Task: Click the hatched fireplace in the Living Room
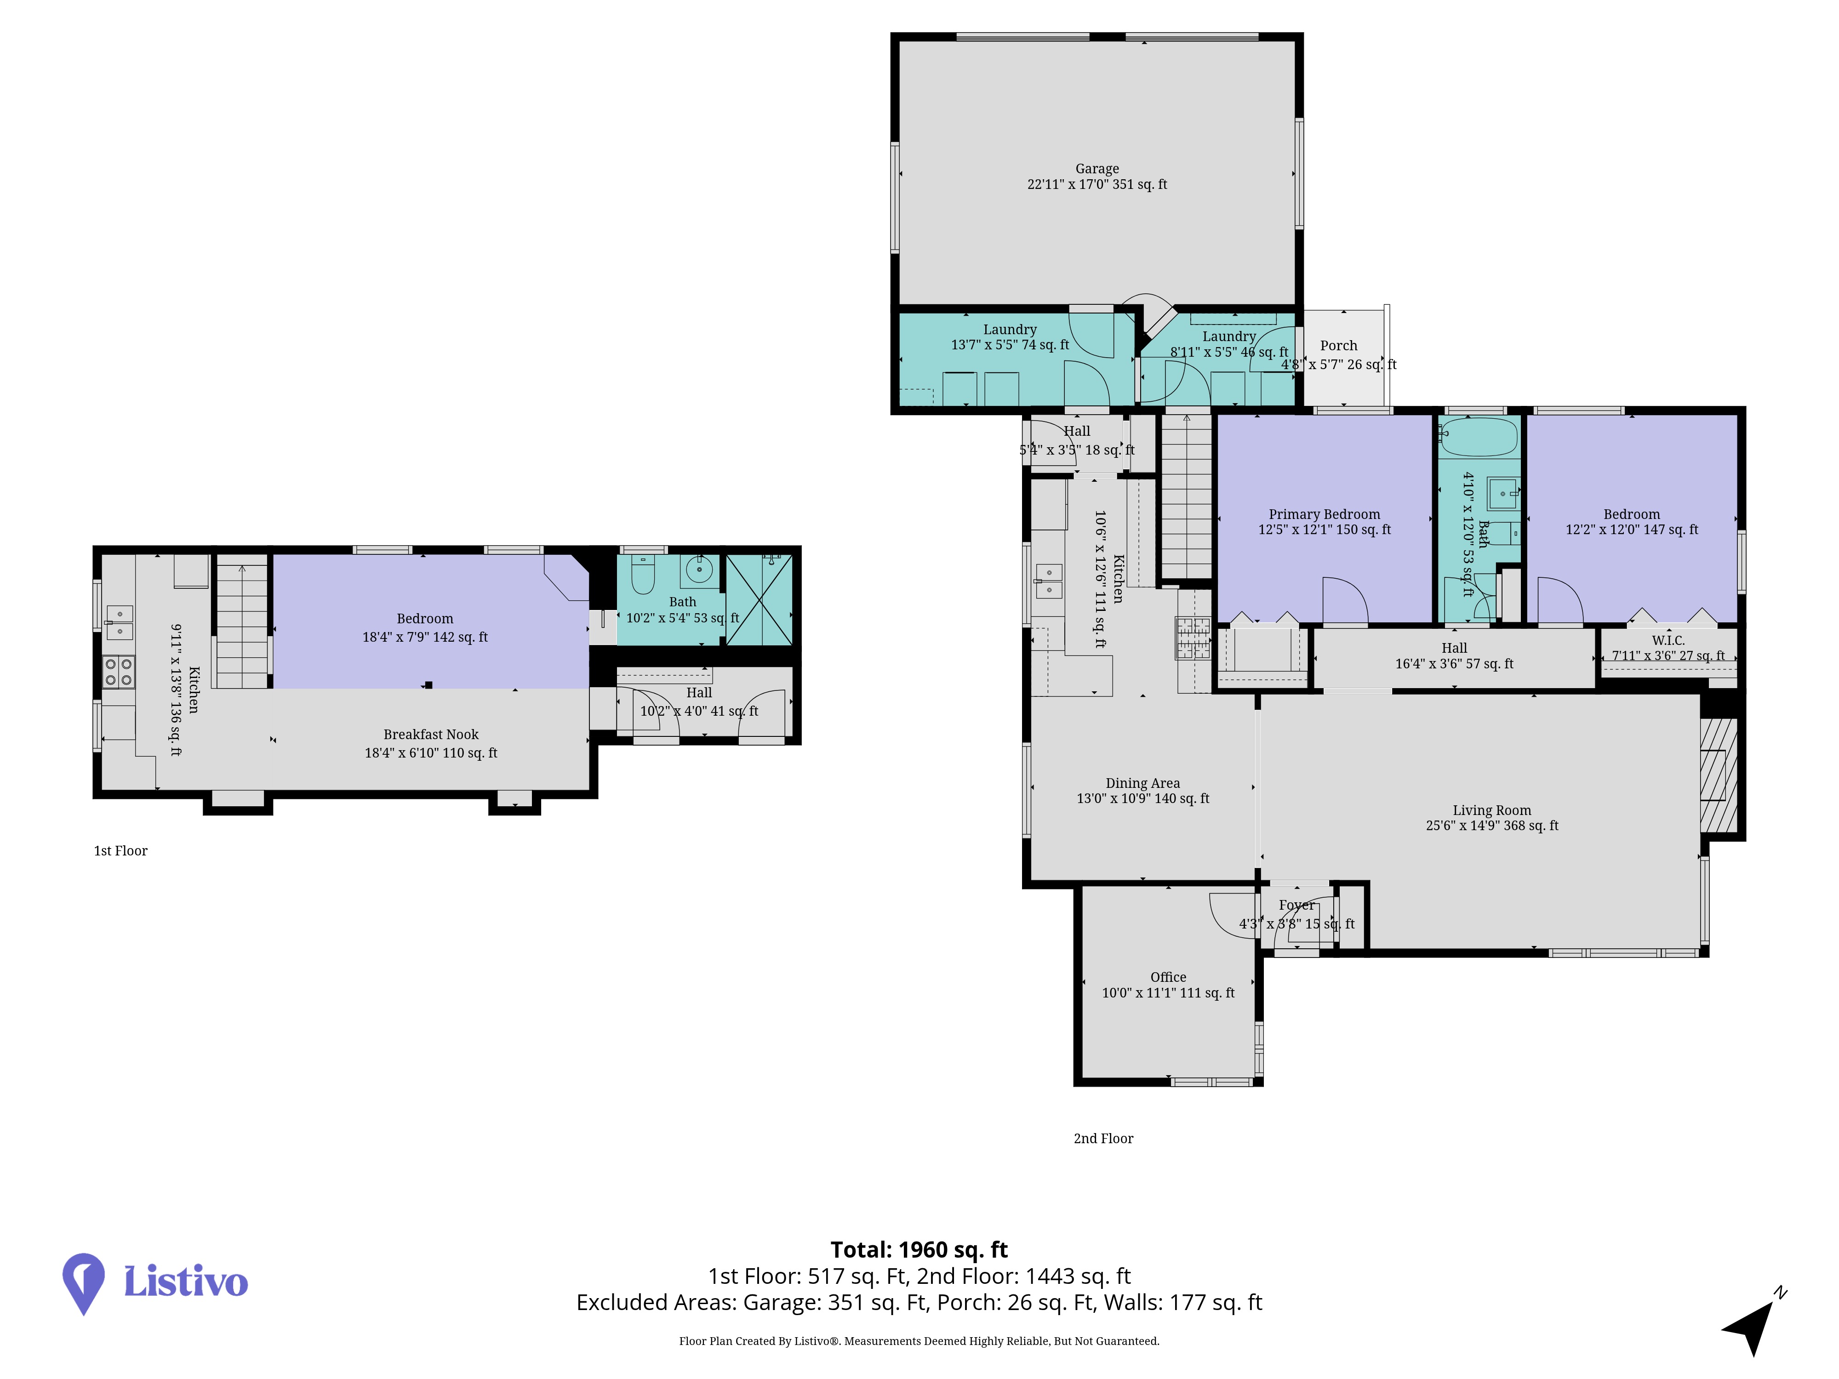click(x=1719, y=775)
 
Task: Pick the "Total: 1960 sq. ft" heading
click(x=919, y=1249)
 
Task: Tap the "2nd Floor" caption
click(x=1103, y=1138)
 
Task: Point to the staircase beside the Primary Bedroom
click(x=1186, y=496)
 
